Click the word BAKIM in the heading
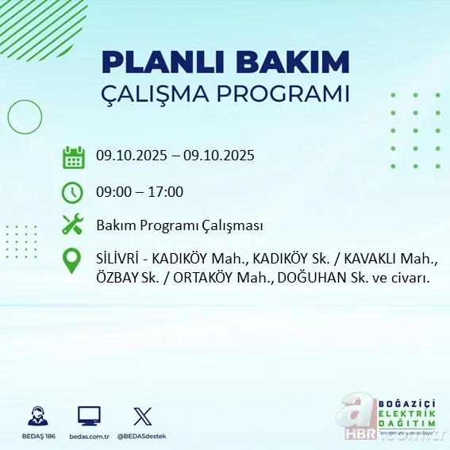294,62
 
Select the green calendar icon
73,156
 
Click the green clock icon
73,192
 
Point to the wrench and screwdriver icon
73,225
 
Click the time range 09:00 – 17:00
140,192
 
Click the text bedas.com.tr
89,437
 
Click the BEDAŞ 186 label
36,437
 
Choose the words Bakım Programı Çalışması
179,225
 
